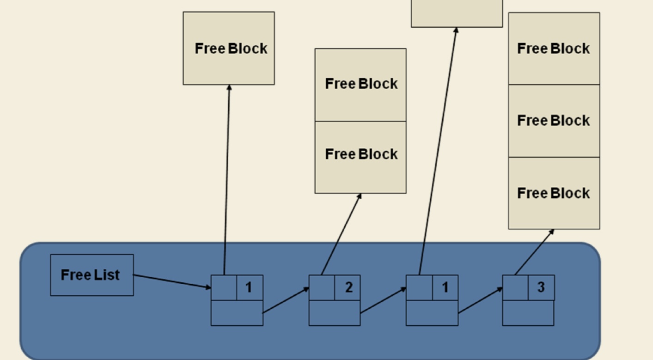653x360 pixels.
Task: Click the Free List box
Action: (x=92, y=275)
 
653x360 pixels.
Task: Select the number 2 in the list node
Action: (x=348, y=287)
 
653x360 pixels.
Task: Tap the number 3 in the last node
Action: (x=541, y=287)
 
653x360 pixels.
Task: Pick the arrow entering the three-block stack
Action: (x=534, y=252)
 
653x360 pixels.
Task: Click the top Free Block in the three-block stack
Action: (x=554, y=49)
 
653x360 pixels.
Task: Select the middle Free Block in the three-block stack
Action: (x=554, y=121)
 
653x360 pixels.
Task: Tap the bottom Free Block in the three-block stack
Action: (x=554, y=193)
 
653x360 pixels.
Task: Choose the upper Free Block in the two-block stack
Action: (x=360, y=84)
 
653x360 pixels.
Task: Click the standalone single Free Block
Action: (x=229, y=49)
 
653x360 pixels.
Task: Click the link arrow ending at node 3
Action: (x=480, y=300)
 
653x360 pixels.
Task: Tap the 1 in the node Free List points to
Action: (x=249, y=287)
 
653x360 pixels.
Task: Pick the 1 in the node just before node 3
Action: (x=445, y=287)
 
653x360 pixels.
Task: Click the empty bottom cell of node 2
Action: (x=334, y=313)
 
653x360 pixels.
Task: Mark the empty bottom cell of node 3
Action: (x=528, y=313)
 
